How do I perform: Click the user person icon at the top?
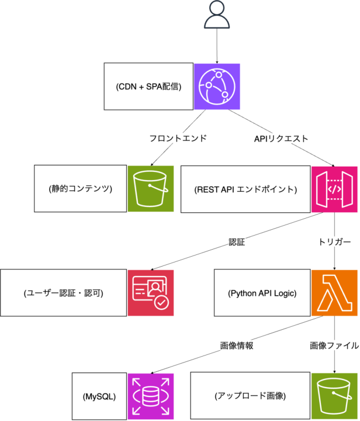[x=216, y=16]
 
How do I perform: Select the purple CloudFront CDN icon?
[x=217, y=87]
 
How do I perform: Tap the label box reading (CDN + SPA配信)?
[x=149, y=87]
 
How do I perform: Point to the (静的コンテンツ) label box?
[x=81, y=188]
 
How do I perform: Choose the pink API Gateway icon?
[x=334, y=189]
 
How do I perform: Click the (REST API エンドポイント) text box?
[x=245, y=189]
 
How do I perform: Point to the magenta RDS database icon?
[x=151, y=396]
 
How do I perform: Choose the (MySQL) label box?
[x=99, y=396]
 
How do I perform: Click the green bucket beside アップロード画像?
[x=334, y=396]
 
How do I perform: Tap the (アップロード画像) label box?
[x=251, y=396]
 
